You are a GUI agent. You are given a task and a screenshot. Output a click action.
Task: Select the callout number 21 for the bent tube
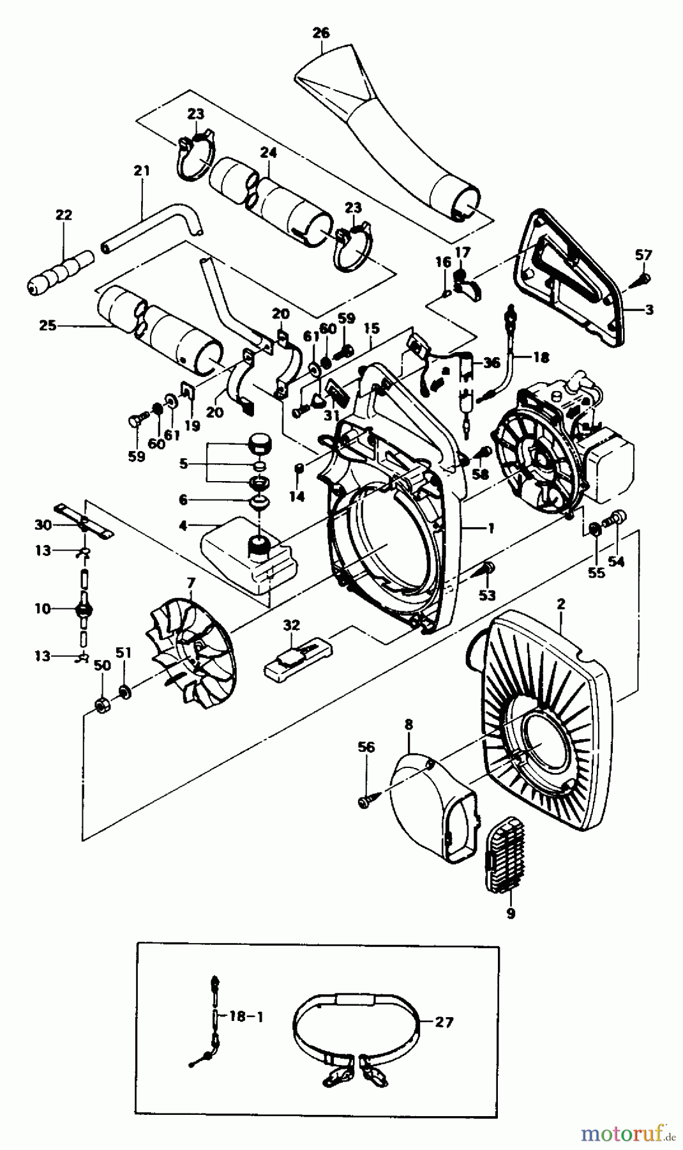click(142, 171)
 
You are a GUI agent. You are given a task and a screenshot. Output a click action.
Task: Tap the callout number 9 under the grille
click(510, 914)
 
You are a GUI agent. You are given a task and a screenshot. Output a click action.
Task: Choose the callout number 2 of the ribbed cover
click(560, 603)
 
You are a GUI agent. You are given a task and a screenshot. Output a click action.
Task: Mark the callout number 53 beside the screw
click(487, 595)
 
